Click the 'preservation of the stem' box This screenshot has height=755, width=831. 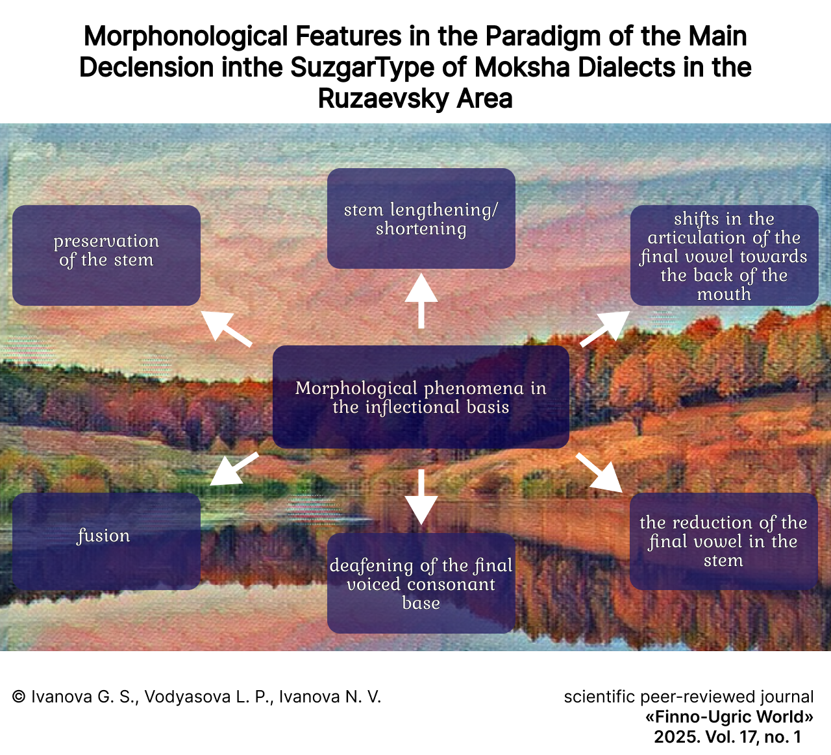click(x=106, y=255)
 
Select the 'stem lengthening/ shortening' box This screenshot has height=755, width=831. click(x=421, y=219)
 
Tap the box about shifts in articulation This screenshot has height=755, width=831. click(x=724, y=255)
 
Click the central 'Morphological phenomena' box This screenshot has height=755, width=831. click(x=421, y=397)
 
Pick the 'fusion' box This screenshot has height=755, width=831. click(x=106, y=541)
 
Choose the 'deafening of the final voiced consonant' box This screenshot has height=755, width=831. click(x=421, y=583)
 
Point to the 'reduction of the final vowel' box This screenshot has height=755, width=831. click(x=723, y=541)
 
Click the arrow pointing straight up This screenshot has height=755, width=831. click(x=421, y=300)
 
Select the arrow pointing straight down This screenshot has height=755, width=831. click(x=421, y=496)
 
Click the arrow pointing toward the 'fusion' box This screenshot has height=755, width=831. click(x=234, y=469)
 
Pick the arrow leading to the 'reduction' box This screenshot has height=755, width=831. click(x=599, y=472)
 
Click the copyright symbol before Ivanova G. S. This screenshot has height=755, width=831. click(x=19, y=697)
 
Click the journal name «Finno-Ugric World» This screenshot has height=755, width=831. click(x=729, y=717)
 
